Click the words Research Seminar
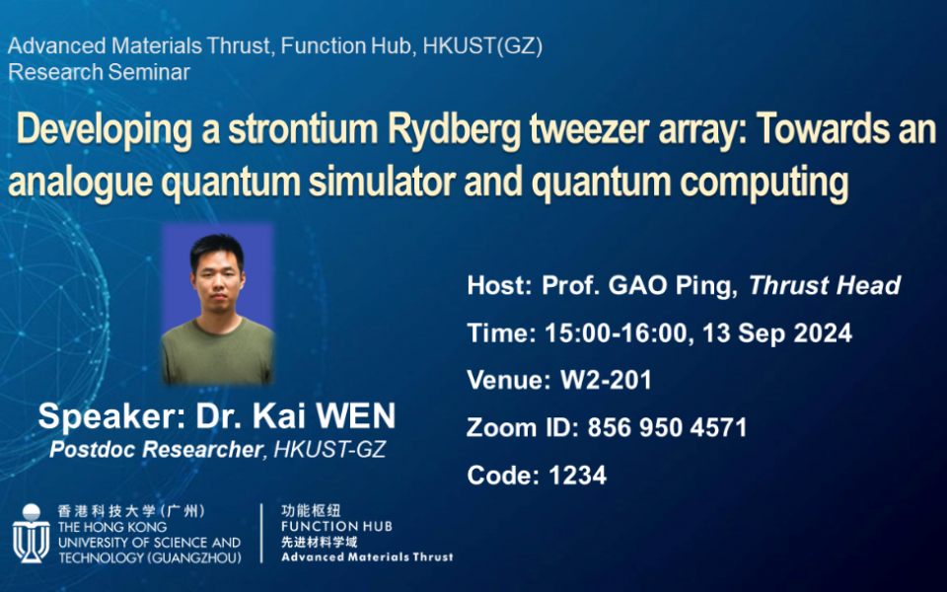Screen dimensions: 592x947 [99, 72]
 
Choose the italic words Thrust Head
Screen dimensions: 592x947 [825, 286]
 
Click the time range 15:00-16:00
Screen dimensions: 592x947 [617, 333]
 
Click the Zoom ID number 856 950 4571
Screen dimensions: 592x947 [667, 428]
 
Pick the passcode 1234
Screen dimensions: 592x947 [577, 476]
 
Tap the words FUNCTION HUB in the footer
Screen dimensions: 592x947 [336, 527]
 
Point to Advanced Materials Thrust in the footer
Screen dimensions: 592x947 [367, 557]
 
